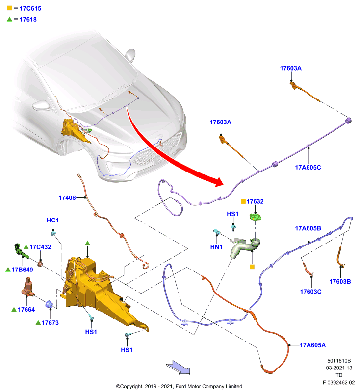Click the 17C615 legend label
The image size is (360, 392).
tap(30, 8)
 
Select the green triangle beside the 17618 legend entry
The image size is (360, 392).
tap(9, 19)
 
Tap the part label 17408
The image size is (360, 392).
tap(67, 198)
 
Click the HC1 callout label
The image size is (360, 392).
tap(52, 220)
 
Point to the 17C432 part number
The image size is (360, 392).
tap(40, 247)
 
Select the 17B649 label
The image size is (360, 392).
tap(22, 269)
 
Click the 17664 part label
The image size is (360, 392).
tap(26, 310)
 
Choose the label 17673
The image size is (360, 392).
tap(50, 323)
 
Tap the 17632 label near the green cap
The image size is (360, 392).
tap(255, 201)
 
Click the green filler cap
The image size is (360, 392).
tap(256, 217)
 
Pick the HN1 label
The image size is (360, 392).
tap(216, 247)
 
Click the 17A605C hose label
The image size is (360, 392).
tap(308, 168)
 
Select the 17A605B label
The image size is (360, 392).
tap(308, 228)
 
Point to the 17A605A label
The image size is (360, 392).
tap(313, 345)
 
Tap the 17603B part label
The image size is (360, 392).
tap(340, 281)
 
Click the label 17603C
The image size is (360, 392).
tap(311, 292)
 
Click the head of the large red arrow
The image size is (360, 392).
tap(218, 182)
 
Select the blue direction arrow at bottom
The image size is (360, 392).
tap(178, 367)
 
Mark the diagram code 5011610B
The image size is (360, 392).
tap(339, 361)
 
